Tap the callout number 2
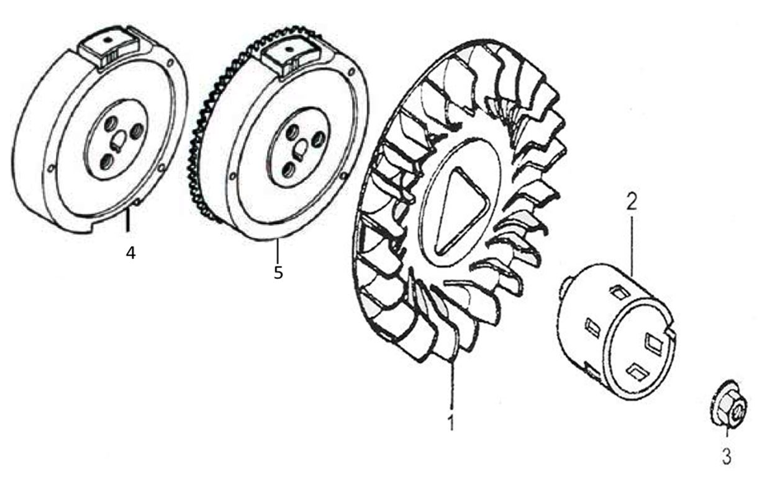click(631, 201)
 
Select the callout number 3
click(726, 456)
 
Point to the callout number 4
click(130, 253)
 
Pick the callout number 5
click(278, 272)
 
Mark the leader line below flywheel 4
click(127, 220)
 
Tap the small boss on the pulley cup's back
click(563, 288)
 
